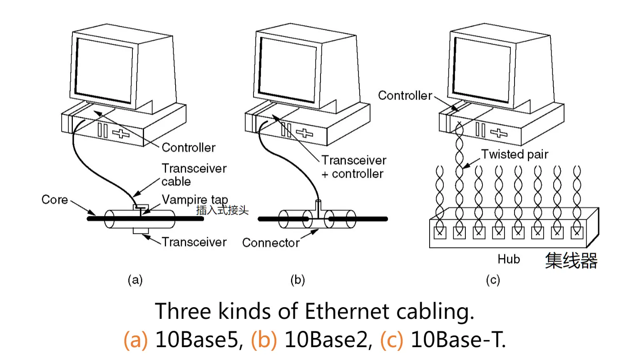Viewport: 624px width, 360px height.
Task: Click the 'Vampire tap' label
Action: tap(194, 200)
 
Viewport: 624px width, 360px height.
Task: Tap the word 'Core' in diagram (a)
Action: tap(55, 200)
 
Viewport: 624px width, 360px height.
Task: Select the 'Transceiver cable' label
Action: tap(194, 175)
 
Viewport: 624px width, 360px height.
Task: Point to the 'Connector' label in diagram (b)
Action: tap(271, 243)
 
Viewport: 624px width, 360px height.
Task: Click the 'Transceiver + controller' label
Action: tap(353, 167)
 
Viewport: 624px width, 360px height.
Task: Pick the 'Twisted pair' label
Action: tap(515, 154)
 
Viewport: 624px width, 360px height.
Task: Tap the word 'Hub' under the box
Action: tap(509, 259)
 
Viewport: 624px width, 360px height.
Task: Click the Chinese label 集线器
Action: tap(571, 261)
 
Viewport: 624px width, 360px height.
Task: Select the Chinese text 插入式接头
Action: tap(222, 210)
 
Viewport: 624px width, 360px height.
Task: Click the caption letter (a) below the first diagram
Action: tap(135, 280)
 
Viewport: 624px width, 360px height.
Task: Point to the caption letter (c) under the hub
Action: tap(493, 280)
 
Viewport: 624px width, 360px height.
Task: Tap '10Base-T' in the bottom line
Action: tap(458, 340)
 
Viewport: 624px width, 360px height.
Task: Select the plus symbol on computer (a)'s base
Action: tap(121, 134)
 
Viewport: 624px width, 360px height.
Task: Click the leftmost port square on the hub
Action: tap(440, 233)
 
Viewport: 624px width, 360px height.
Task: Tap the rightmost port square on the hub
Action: tap(577, 233)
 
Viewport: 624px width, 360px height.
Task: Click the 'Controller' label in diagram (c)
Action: tap(405, 96)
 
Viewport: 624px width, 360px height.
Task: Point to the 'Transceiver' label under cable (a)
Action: tap(194, 242)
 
